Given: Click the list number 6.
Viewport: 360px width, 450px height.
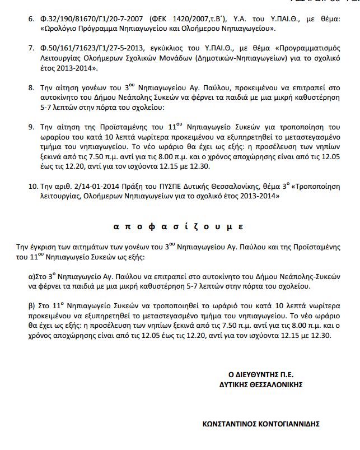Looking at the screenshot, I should point(31,17).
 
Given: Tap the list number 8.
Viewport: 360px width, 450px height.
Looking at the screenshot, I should point(31,88).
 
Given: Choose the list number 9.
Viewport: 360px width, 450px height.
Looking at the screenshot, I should point(31,124).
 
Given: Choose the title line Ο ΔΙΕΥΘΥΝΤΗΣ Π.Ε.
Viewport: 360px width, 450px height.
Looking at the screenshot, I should point(261,374).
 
